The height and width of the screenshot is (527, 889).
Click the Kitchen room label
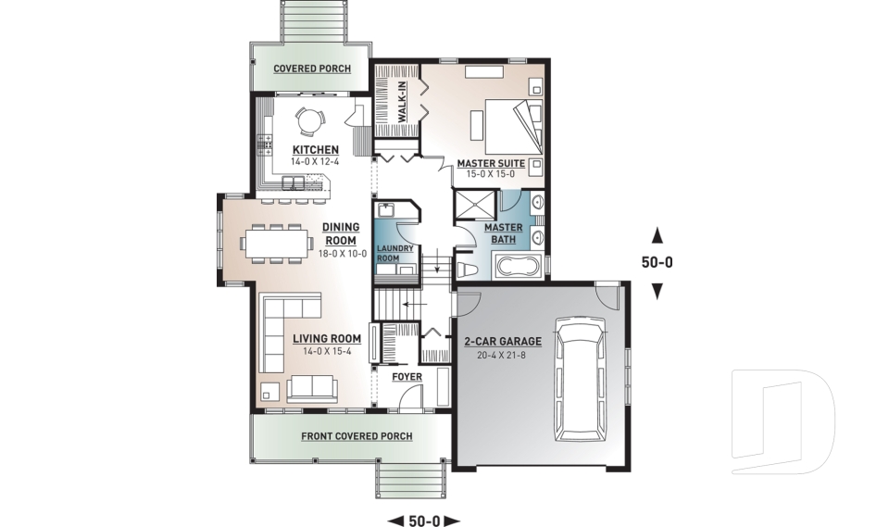click(x=315, y=150)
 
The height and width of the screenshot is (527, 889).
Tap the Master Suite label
click(x=491, y=163)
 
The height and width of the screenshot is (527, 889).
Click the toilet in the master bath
click(x=468, y=268)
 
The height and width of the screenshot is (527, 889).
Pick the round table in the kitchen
click(x=308, y=120)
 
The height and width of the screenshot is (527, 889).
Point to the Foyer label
click(x=407, y=377)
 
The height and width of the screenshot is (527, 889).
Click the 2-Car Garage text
click(x=503, y=341)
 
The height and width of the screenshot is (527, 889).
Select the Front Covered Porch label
click(x=357, y=436)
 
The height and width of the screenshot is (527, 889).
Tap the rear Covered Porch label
click(x=311, y=69)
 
